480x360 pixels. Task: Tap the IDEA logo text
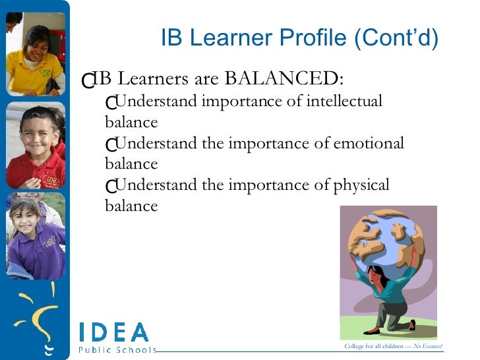pyautogui.click(x=113, y=332)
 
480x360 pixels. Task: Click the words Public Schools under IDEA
pyautogui.click(x=117, y=349)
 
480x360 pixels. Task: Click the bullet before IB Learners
pyautogui.click(x=86, y=80)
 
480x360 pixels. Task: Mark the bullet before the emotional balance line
pyautogui.click(x=110, y=144)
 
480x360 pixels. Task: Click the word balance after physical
pyautogui.click(x=131, y=206)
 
